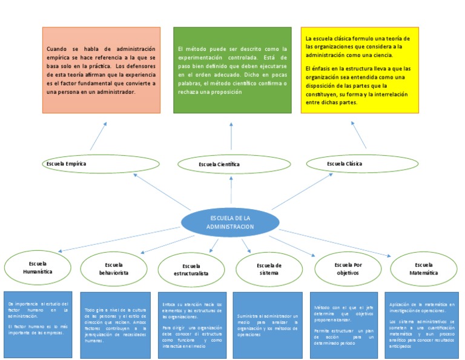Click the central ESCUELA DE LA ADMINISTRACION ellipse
229,222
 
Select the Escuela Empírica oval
84,164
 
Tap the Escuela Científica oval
219,164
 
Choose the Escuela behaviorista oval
114,269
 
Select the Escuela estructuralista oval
191,270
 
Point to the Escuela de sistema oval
269,269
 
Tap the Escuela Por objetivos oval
348,268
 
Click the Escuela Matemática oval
424,269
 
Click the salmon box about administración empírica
102,70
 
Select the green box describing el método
231,70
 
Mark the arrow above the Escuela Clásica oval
360,135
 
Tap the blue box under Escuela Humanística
37,324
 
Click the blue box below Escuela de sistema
267,324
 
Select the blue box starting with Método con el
345,324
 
